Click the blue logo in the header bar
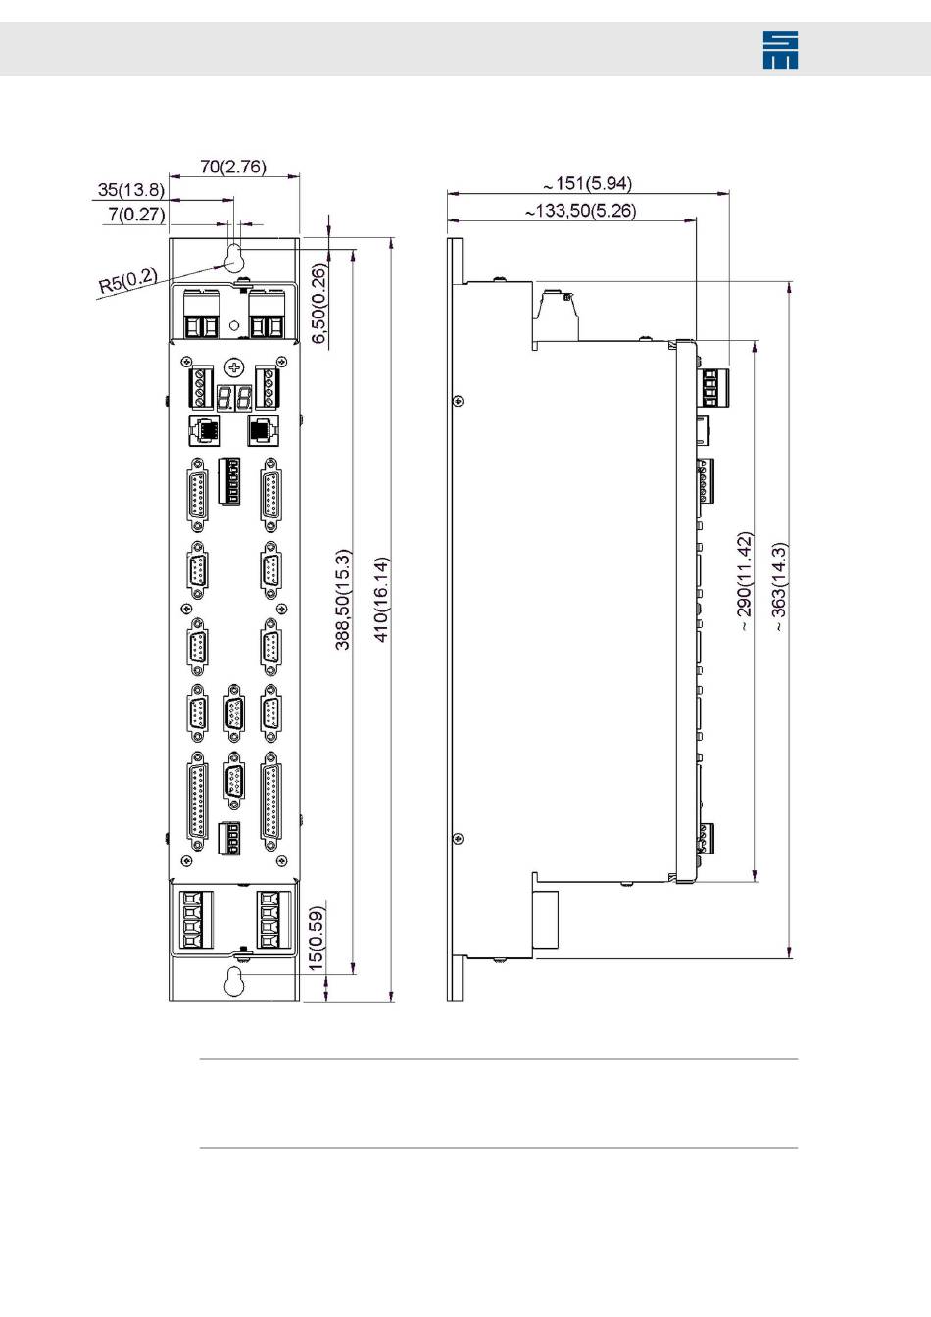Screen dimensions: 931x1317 click(x=780, y=49)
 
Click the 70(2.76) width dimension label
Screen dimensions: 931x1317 click(x=233, y=167)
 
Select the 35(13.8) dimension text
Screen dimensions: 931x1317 click(x=131, y=190)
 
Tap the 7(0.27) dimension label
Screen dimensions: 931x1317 click(x=136, y=214)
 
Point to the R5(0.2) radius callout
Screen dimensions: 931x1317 click(x=127, y=281)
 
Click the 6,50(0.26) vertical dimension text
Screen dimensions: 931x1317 click(x=319, y=304)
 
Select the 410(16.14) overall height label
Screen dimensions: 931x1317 click(x=382, y=599)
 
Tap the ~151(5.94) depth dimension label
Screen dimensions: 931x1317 click(x=588, y=183)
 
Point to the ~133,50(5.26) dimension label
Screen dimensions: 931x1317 click(x=580, y=211)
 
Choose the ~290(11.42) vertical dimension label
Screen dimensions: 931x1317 click(x=744, y=581)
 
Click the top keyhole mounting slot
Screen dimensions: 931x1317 click(x=234, y=257)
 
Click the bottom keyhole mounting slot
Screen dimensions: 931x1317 click(x=233, y=981)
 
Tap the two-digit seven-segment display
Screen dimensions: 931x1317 click(x=234, y=398)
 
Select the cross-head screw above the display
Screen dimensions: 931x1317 click(x=234, y=367)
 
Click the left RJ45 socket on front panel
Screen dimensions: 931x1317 click(x=201, y=428)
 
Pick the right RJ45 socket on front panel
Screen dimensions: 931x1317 click(x=264, y=428)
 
